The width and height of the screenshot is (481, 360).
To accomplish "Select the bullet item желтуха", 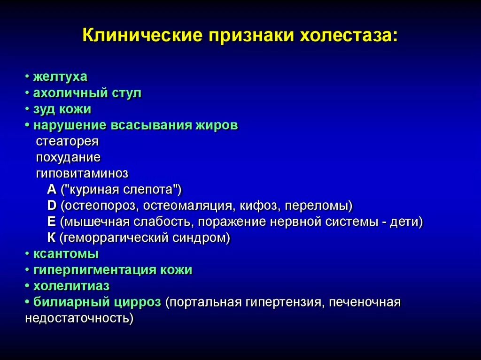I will pos(60,77).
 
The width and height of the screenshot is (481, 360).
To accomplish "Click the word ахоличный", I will pos(70,93).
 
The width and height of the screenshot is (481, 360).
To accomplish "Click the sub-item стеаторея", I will pos(67,141).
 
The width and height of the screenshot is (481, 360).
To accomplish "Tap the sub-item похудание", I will pos(68,157).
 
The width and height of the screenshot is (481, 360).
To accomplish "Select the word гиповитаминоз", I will pos(82,173).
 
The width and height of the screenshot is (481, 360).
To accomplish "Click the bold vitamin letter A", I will pos(52,190).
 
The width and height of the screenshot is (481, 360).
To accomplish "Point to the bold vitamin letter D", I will pos(52,206).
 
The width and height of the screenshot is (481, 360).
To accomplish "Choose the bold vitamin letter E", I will pos(51,222).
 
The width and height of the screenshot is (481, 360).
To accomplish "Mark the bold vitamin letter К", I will pos(51,237).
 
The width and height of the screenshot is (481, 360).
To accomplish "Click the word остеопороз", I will pos(100,206).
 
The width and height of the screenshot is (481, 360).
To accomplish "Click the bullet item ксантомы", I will pos(66,254).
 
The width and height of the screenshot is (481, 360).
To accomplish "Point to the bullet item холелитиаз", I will pos(71,286).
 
